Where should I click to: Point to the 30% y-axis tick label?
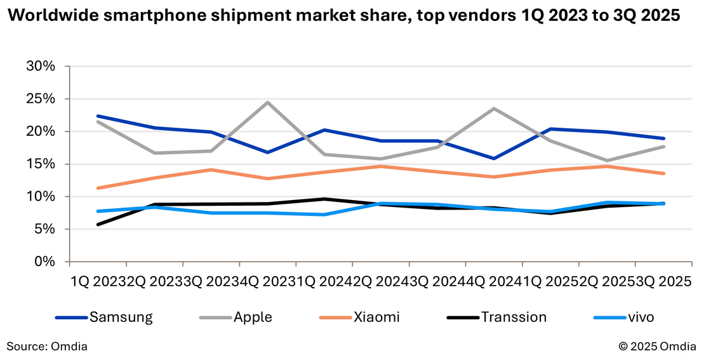pyautogui.click(x=41, y=67)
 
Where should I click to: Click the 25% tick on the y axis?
pyautogui.click(x=41, y=99)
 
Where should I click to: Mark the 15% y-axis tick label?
pyautogui.click(x=41, y=164)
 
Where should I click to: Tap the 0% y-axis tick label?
pyautogui.click(x=45, y=262)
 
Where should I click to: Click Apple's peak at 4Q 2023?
pyautogui.click(x=268, y=102)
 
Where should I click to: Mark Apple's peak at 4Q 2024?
pyautogui.click(x=494, y=109)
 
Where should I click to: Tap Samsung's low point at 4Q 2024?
pyautogui.click(x=494, y=158)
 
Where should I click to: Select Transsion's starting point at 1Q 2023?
pyautogui.click(x=98, y=224)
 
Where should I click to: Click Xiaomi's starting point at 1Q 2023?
pyautogui.click(x=98, y=188)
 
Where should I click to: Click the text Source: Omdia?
pyautogui.click(x=47, y=347)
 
